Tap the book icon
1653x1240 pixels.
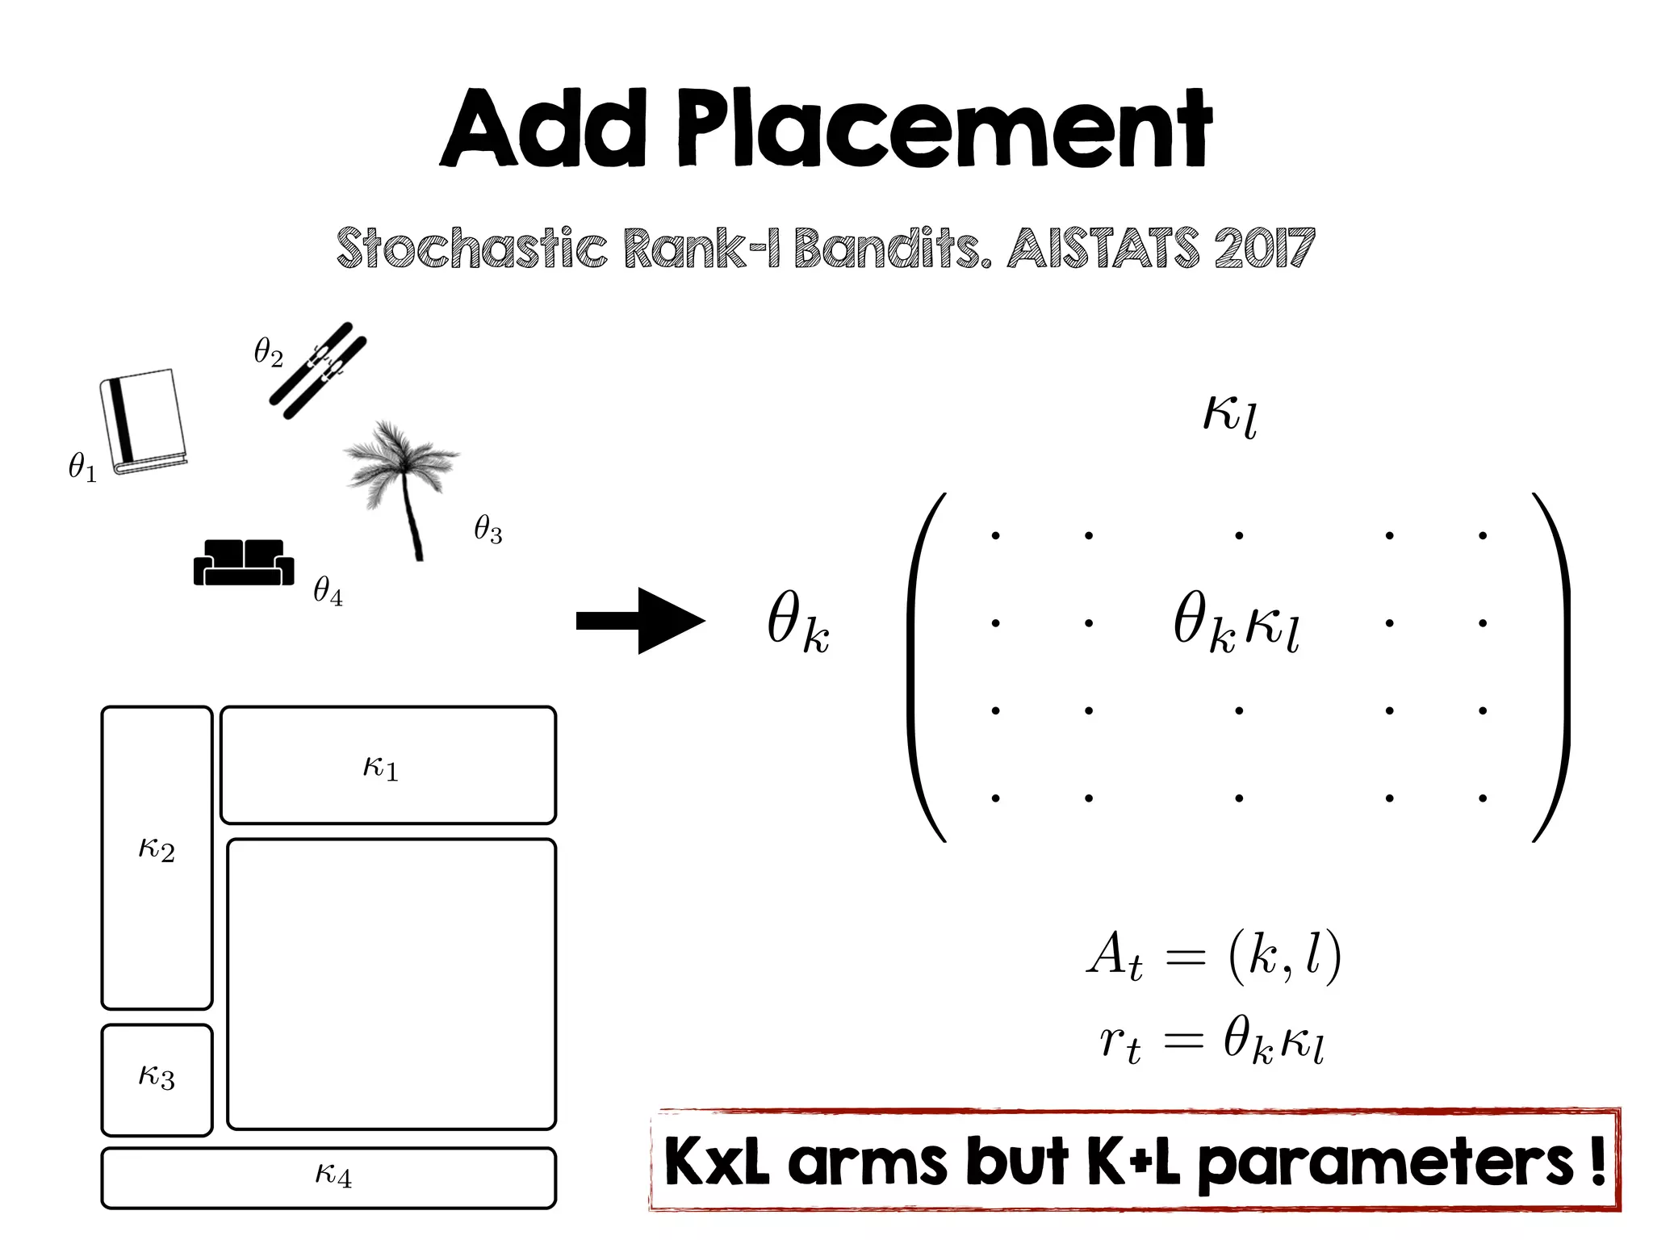coord(144,421)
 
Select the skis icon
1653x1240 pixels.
coord(317,371)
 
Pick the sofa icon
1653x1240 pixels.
coord(243,563)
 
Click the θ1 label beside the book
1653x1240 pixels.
coord(82,467)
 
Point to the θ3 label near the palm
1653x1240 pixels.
coord(488,530)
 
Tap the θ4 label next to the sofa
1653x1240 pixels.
coord(328,591)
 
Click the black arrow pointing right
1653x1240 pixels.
coord(641,620)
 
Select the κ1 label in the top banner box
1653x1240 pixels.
coord(380,766)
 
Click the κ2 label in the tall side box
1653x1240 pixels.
coord(157,848)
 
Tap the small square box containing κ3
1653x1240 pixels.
coord(157,1079)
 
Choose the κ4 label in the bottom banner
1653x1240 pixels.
coord(333,1175)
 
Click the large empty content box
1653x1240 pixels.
coord(391,983)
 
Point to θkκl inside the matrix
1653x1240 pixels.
coord(1236,623)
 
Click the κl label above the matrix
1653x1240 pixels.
coord(1229,415)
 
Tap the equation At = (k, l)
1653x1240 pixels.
coord(1213,958)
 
